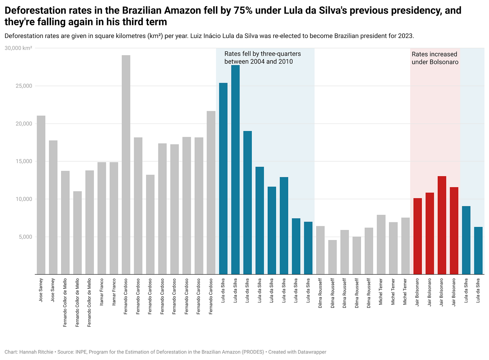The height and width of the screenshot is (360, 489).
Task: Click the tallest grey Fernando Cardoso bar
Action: (126, 165)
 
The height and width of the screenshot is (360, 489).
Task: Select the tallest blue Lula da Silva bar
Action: (235, 170)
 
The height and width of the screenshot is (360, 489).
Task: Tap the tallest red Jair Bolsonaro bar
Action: (442, 225)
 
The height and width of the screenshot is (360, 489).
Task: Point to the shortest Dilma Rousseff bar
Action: (332, 257)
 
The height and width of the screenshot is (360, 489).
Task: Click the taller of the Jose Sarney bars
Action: (41, 195)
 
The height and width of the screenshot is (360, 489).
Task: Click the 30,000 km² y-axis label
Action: (18, 48)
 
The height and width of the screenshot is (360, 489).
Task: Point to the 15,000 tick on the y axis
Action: (23, 161)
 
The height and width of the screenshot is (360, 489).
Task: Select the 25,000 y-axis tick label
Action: (23, 86)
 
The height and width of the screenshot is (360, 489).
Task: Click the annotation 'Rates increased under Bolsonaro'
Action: (435, 58)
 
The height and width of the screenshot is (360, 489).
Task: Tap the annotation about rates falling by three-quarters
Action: (262, 58)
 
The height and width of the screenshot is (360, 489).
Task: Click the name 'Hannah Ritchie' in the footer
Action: (36, 352)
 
